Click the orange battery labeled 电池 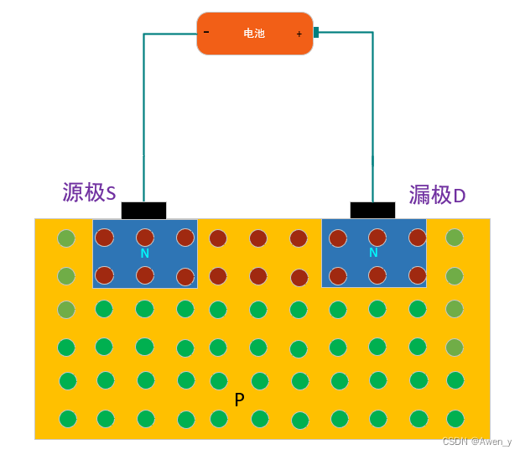click(x=254, y=34)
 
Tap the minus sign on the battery click(x=206, y=32)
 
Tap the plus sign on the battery click(x=299, y=34)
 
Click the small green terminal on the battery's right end click(x=316, y=33)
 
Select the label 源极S click(x=89, y=192)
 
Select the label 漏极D click(x=437, y=195)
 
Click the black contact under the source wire click(x=143, y=210)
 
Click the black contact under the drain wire click(x=372, y=210)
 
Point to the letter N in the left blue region click(x=144, y=253)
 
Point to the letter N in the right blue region click(x=373, y=252)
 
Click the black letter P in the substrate click(x=239, y=400)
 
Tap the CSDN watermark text click(x=476, y=442)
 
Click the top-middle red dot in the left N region click(x=145, y=238)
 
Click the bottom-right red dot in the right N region click(x=418, y=275)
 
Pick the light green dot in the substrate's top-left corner click(x=66, y=238)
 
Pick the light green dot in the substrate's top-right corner click(x=455, y=238)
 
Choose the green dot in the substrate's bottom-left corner click(x=68, y=418)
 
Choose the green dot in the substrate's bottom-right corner click(x=455, y=418)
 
